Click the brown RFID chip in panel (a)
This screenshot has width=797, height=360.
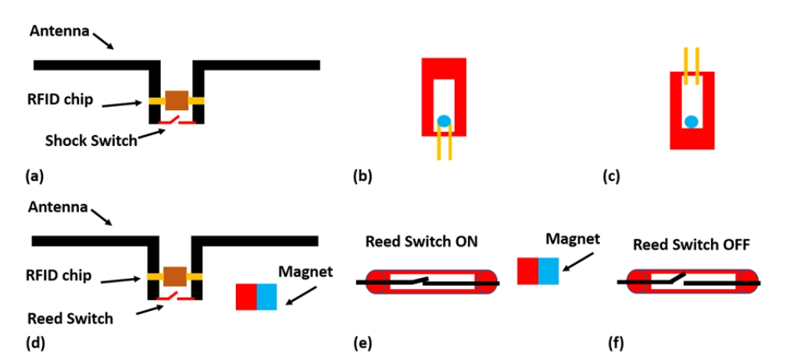click(177, 100)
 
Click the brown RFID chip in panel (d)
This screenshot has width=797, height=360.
click(176, 276)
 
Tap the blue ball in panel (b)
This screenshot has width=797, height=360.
click(444, 121)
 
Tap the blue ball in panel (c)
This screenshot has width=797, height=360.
click(691, 121)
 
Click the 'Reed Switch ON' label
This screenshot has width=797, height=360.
click(421, 243)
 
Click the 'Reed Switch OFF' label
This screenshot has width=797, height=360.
click(691, 244)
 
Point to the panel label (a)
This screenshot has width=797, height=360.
click(34, 176)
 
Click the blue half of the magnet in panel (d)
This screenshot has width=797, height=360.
click(267, 297)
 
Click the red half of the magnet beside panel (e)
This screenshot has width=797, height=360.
click(528, 270)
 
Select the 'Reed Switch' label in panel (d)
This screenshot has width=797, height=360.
click(70, 319)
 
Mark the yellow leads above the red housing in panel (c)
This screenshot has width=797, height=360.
click(691, 64)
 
